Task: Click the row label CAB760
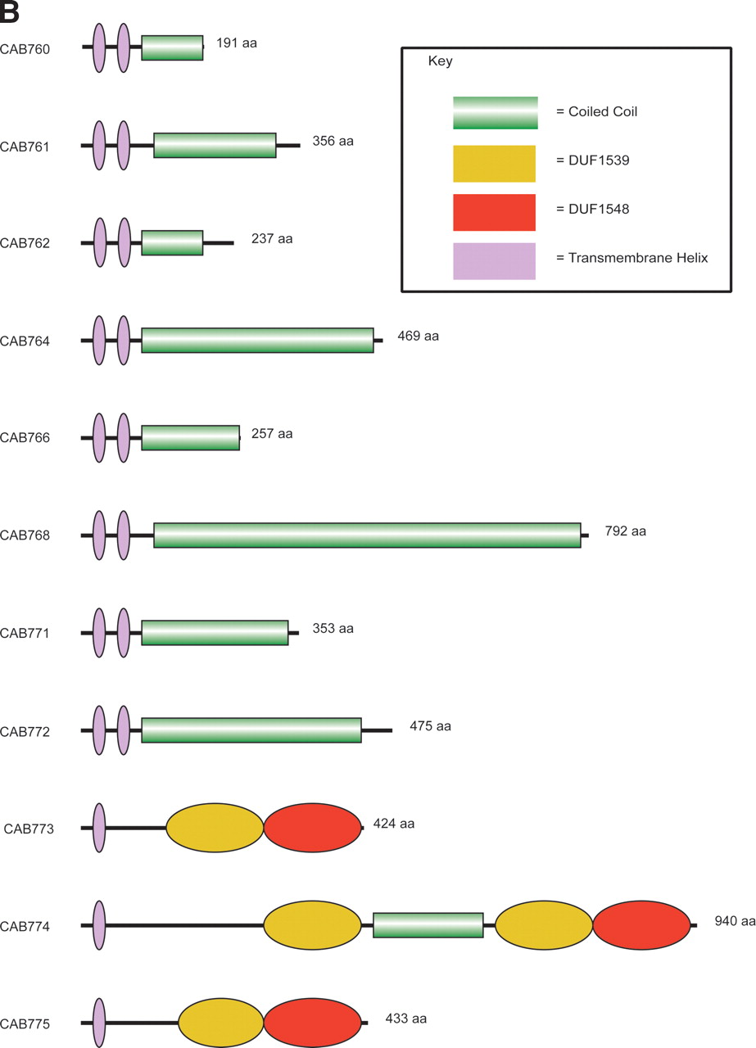click(x=25, y=49)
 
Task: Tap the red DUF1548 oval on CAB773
click(x=312, y=828)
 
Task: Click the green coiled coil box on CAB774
click(x=428, y=924)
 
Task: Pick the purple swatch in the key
click(x=494, y=261)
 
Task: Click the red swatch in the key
click(x=494, y=212)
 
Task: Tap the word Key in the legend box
click(x=440, y=61)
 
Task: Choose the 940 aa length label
click(x=735, y=921)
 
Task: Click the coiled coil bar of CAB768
click(x=367, y=535)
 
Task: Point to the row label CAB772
click(x=25, y=731)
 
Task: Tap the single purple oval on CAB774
click(x=99, y=925)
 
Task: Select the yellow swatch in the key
click(x=494, y=164)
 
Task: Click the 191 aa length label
click(x=237, y=43)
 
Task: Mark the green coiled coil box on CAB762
click(x=172, y=243)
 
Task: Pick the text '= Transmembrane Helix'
click(x=632, y=258)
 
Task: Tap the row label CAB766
click(x=25, y=437)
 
